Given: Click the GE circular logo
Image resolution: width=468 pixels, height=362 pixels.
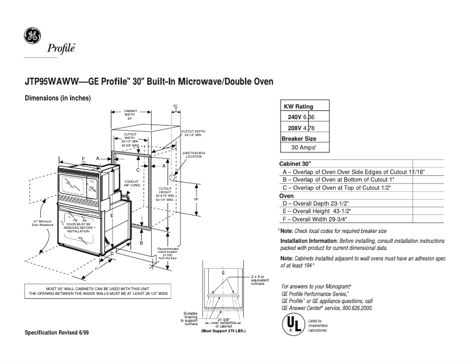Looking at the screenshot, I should click(32, 36).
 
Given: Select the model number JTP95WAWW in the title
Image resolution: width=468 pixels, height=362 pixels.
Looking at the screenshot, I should click(48, 82).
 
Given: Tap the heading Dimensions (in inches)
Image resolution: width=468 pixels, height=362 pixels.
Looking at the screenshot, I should click(57, 98).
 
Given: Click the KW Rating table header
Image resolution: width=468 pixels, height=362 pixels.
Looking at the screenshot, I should click(298, 106).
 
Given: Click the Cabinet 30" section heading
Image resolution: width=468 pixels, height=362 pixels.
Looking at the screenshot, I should click(295, 163).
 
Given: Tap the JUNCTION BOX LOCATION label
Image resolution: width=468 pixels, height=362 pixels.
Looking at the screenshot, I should click(194, 155).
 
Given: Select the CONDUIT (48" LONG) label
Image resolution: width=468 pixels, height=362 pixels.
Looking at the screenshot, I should click(130, 183).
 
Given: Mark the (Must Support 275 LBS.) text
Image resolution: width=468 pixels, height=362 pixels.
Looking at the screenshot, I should click(223, 331).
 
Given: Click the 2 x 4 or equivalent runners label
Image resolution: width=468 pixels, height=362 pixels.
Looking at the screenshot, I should click(260, 280).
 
